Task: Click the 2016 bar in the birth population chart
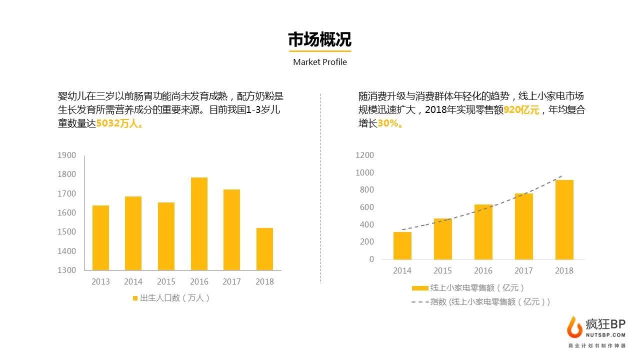[199, 223]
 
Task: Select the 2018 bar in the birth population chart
[264, 249]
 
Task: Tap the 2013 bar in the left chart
[100, 237]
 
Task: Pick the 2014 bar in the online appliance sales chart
[402, 245]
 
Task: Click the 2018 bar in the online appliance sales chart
[564, 219]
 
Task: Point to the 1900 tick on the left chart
[67, 155]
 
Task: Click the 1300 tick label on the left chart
[67, 270]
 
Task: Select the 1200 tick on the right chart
[364, 155]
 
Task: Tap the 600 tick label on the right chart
[367, 207]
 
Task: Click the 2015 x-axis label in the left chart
[166, 281]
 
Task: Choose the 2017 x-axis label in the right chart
[523, 270]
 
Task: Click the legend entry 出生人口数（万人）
[171, 298]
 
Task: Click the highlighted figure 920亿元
[521, 110]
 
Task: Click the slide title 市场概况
[319, 40]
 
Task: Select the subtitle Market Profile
[319, 62]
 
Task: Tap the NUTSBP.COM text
[605, 335]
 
